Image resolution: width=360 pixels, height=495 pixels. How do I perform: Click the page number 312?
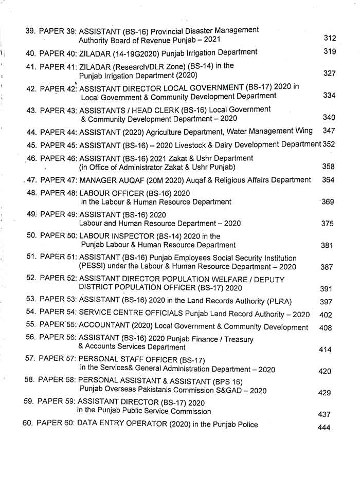tap(330, 39)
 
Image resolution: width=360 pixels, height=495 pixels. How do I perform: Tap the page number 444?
tap(325, 427)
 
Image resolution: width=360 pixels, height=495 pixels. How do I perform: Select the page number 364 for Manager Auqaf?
tap(328, 180)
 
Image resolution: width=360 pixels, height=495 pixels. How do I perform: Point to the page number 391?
tap(326, 289)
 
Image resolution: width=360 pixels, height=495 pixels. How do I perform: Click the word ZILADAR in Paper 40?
tap(94, 52)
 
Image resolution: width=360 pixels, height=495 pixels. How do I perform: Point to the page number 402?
tap(326, 315)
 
